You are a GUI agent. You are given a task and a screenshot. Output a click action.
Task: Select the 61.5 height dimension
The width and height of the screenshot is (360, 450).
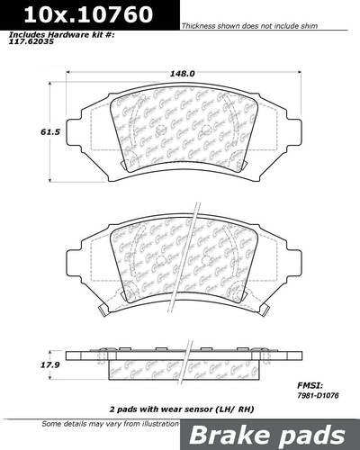pos(25,131)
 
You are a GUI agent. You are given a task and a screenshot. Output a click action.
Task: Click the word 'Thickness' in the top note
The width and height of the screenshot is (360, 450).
pos(198,28)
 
